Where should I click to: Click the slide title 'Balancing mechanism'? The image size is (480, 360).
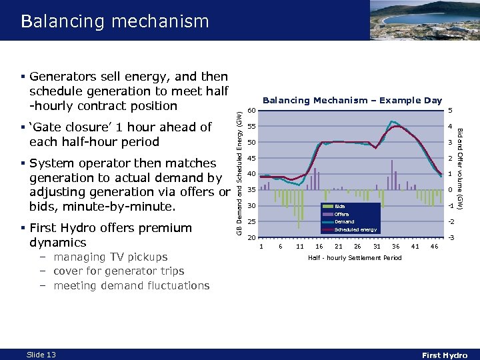pos(115,21)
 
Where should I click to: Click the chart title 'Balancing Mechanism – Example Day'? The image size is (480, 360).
pos(352,101)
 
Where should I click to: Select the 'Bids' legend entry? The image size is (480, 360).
pos(340,207)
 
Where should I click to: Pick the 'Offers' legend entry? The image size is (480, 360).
pos(341,214)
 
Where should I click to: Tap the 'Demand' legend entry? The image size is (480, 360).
pos(344,221)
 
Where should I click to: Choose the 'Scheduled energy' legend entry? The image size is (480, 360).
pos(355,229)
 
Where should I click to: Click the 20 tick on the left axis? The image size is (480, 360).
pos(251,237)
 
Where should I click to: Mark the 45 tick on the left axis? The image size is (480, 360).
pos(251,158)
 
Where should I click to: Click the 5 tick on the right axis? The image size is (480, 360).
pos(450,111)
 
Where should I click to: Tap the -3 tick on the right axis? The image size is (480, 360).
pos(451,237)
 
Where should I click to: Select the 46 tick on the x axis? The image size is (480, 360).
pos(435,247)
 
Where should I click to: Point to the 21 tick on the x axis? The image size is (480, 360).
pos(339,247)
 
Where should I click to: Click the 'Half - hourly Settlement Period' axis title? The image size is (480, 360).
pos(354,258)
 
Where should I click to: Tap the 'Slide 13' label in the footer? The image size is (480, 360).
pos(41,355)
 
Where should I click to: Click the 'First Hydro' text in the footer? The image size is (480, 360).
pos(445,355)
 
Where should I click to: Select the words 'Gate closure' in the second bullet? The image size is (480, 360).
pos(73,127)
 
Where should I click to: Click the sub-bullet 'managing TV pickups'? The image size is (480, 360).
pos(110,257)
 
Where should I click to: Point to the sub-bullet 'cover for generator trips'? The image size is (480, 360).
pos(118,271)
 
